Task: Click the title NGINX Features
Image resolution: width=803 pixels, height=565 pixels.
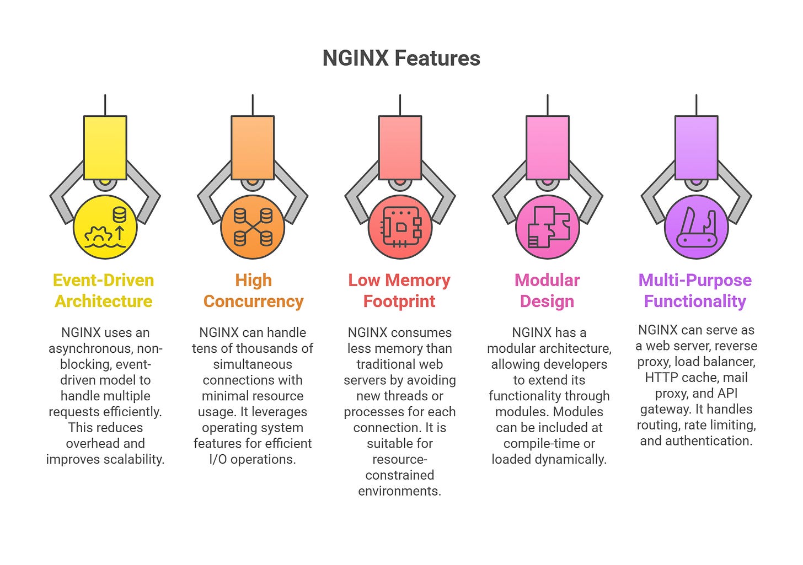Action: click(x=401, y=58)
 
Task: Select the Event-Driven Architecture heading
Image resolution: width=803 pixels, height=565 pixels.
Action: click(x=104, y=290)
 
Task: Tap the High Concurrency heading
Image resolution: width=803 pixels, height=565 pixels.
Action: click(x=253, y=290)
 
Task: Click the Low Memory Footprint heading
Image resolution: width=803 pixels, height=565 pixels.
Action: click(x=399, y=290)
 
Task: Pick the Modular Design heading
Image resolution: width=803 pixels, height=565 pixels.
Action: click(x=547, y=290)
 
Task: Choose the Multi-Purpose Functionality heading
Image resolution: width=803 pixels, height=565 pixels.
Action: click(x=695, y=290)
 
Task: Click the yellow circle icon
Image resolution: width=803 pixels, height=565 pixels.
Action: click(x=105, y=227)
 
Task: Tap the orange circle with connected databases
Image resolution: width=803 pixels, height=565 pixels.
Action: click(x=253, y=227)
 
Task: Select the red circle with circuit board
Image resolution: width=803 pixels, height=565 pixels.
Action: click(x=400, y=227)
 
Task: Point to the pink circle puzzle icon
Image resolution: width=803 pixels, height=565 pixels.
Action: click(x=548, y=227)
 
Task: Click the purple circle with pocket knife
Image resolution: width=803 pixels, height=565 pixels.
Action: click(x=696, y=227)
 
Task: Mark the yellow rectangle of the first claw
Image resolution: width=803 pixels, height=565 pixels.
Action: click(x=105, y=147)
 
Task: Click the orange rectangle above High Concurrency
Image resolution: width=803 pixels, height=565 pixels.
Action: click(x=253, y=147)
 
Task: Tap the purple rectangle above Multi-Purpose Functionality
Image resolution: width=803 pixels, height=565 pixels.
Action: click(x=696, y=147)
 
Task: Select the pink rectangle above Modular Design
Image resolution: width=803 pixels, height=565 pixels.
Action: click(x=548, y=147)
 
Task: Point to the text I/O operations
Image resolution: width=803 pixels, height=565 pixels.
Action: click(x=253, y=459)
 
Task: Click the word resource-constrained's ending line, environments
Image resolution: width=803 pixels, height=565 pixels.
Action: click(x=399, y=491)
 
